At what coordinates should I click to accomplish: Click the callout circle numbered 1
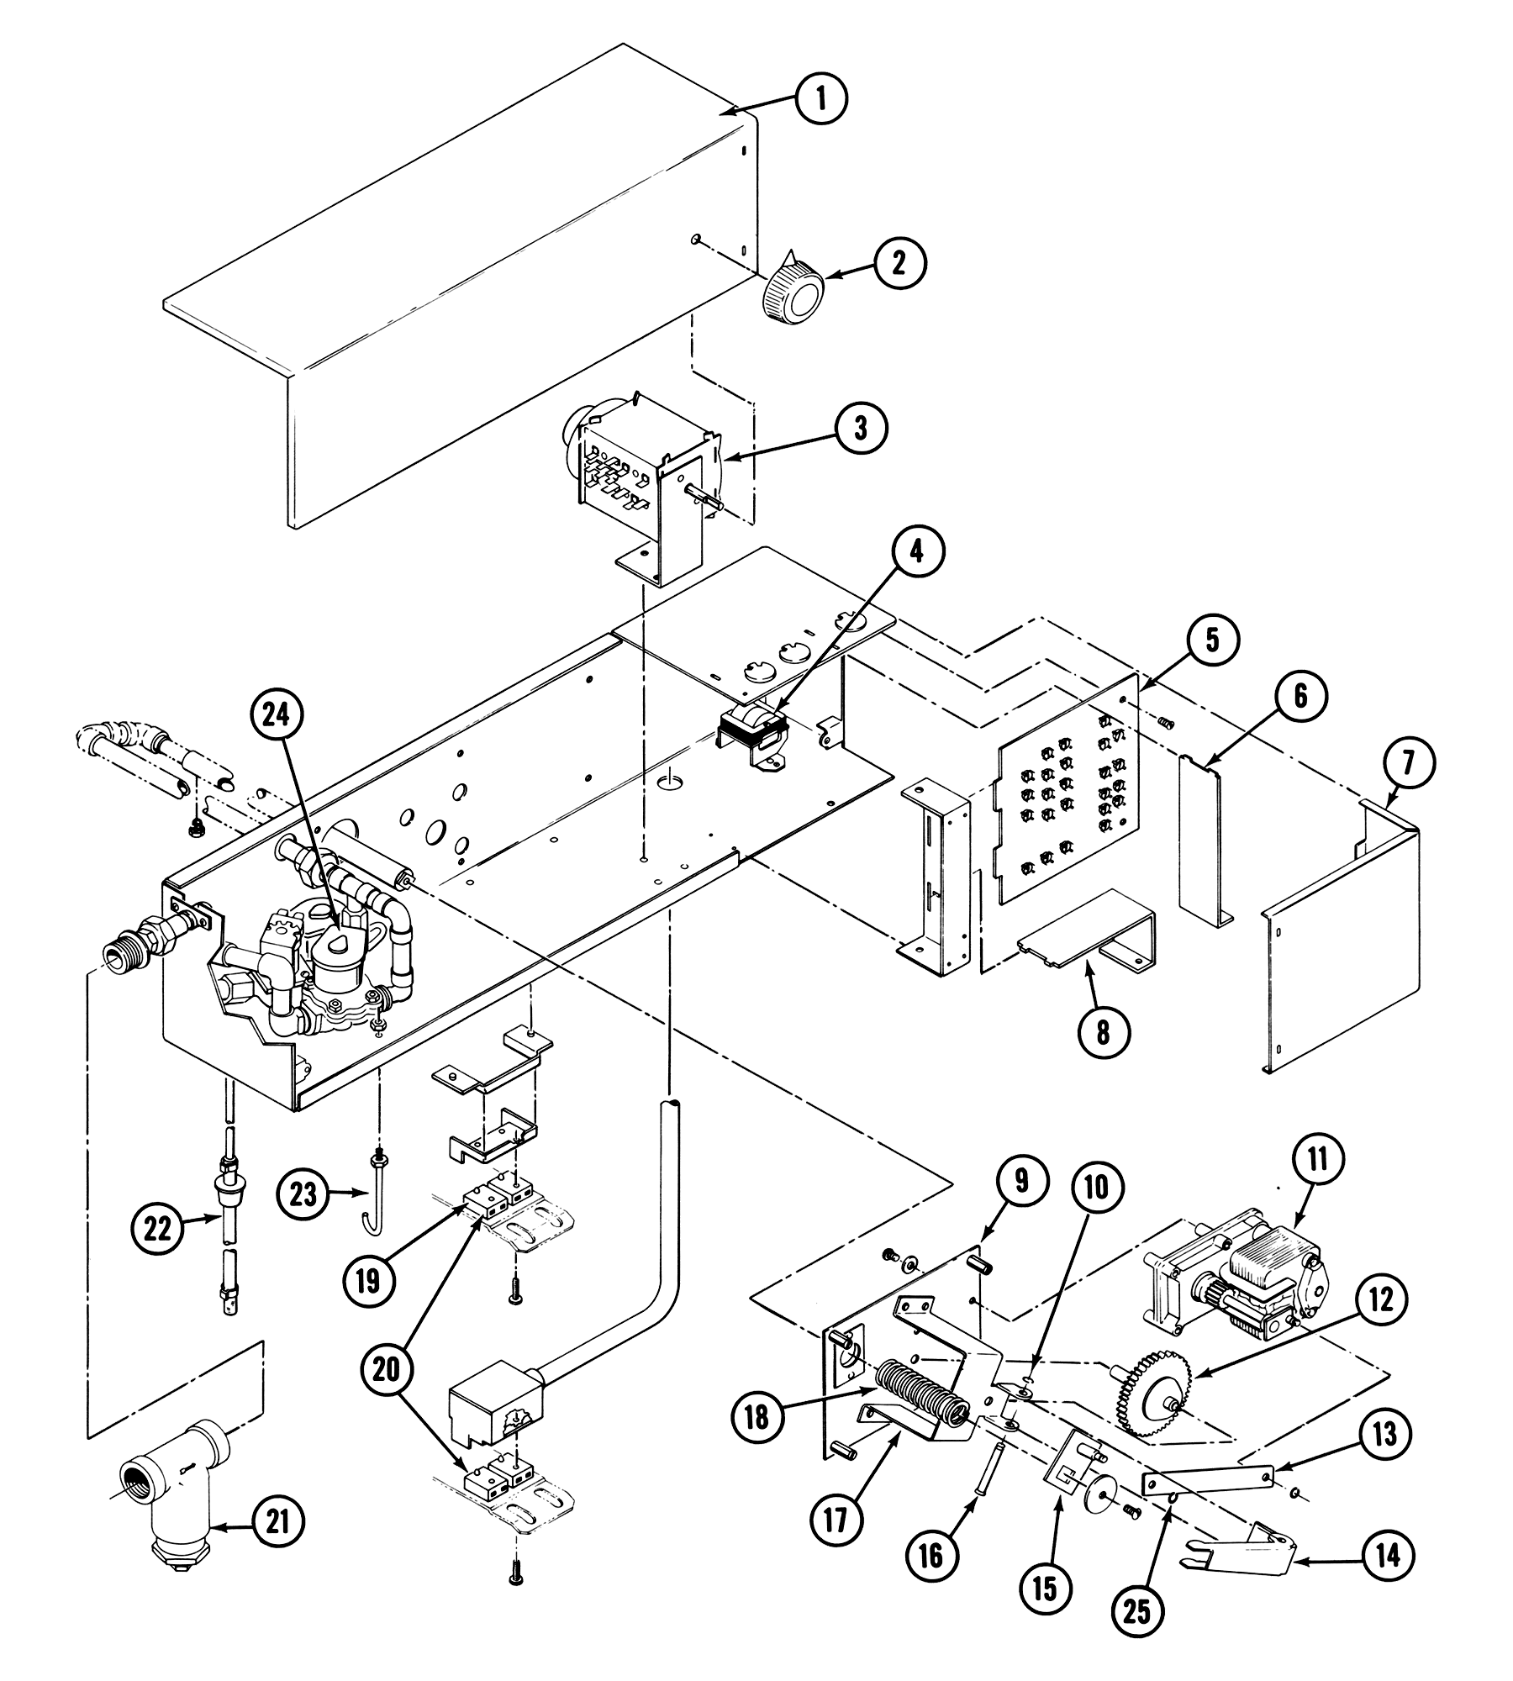(821, 99)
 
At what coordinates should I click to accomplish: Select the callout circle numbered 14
(1388, 1556)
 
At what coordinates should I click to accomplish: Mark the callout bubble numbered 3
(860, 427)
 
